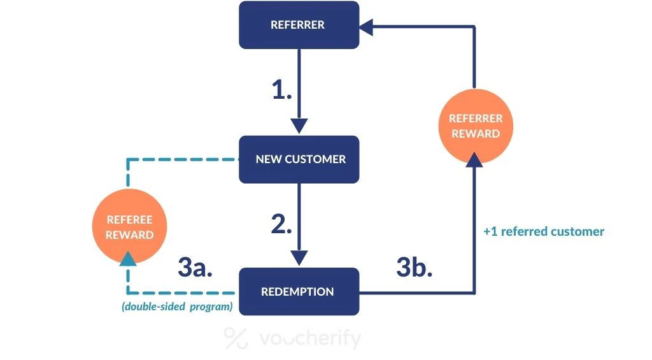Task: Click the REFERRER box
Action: (299, 25)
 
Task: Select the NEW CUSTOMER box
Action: (299, 159)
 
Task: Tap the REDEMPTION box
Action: (299, 292)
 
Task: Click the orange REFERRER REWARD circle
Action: (475, 126)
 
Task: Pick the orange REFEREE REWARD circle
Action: (129, 227)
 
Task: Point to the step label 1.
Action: (281, 91)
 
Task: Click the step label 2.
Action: (281, 224)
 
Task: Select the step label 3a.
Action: (195, 268)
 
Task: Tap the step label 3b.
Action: (414, 268)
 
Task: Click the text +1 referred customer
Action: (543, 231)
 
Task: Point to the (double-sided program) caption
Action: (176, 307)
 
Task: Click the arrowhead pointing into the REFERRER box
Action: (368, 25)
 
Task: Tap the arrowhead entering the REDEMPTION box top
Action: (299, 257)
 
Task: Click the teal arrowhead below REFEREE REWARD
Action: (129, 258)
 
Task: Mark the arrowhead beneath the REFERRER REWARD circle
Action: (475, 159)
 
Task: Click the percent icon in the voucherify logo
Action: (236, 338)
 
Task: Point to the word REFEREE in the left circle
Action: (129, 220)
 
